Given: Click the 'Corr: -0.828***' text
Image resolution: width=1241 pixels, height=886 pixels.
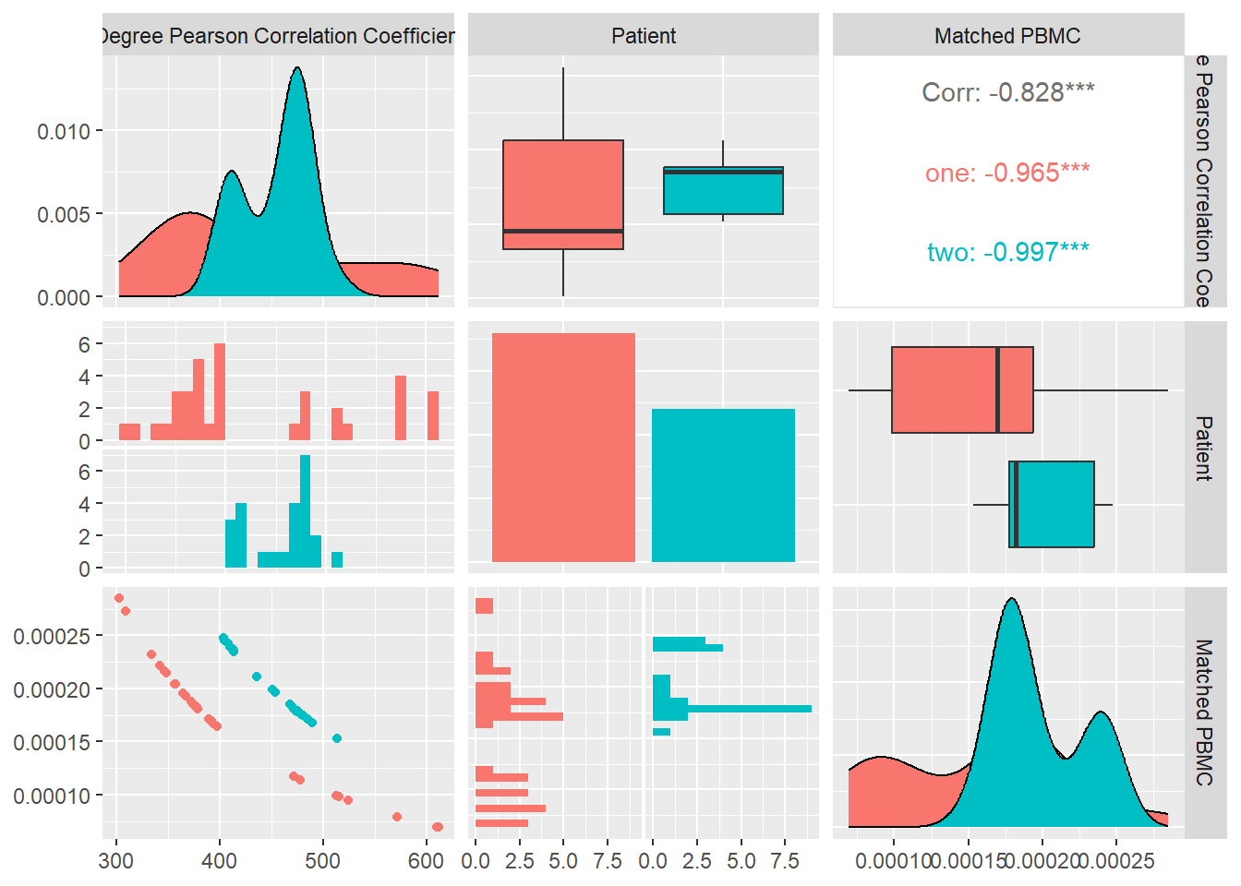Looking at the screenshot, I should point(1007,92).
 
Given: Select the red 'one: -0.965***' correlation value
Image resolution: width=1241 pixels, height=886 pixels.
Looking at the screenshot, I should point(1007,173).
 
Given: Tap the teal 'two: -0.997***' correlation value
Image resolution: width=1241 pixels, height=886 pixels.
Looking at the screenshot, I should point(1007,252).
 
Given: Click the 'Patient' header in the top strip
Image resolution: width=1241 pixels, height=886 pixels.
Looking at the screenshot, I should point(644,36).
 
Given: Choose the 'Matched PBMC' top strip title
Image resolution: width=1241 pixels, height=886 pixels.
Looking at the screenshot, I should point(1007,36).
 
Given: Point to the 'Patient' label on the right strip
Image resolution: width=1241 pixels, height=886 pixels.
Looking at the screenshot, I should point(1204,448).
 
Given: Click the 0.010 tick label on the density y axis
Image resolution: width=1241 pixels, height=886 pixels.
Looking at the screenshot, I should point(64,131).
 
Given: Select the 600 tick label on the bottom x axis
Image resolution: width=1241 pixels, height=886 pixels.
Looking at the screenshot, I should point(426,861).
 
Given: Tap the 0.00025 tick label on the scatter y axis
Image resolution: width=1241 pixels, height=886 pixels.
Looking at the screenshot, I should point(52,636).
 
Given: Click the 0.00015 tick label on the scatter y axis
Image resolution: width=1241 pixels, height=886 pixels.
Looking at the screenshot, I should point(52,742).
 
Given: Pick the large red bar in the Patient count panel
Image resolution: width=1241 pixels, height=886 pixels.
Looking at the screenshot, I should point(563,448).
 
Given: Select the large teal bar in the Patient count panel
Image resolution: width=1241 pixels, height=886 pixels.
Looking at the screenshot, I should point(723,485).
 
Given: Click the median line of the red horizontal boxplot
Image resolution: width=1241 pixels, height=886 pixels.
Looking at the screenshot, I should point(998,389).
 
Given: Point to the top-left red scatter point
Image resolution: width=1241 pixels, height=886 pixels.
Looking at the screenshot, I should point(119,598).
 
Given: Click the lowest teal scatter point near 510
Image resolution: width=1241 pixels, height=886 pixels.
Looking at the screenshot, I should point(337,738).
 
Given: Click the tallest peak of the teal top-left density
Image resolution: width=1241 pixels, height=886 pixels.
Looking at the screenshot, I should point(297,70).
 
